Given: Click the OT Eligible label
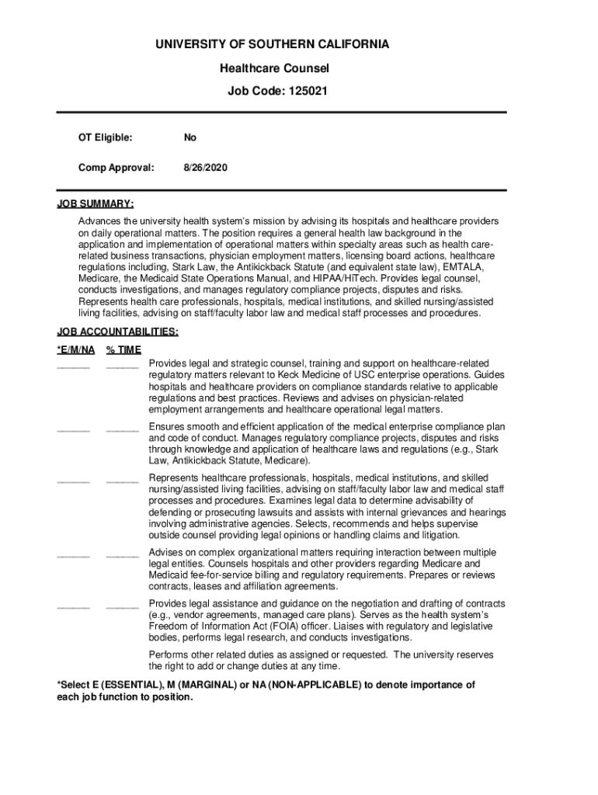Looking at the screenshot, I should pyautogui.click(x=105, y=137).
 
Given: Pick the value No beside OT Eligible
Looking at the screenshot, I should pyautogui.click(x=190, y=137).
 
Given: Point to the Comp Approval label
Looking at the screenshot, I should pyautogui.click(x=116, y=167).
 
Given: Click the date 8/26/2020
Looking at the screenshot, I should pyautogui.click(x=206, y=167).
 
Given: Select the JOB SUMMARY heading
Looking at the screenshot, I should pyautogui.click(x=95, y=204).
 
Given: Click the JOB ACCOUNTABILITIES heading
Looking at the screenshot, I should pyautogui.click(x=117, y=332).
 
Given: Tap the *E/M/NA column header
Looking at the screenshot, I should pyautogui.click(x=76, y=349).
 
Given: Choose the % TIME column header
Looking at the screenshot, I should pyautogui.click(x=123, y=349).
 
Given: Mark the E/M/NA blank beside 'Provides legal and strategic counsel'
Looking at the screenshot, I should pyautogui.click(x=73, y=365).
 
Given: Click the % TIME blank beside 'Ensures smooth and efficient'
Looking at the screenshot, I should pyautogui.click(x=122, y=429).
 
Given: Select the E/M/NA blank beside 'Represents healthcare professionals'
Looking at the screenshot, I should pyautogui.click(x=73, y=481).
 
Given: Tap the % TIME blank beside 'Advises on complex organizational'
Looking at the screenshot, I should pyautogui.click(x=122, y=555).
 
